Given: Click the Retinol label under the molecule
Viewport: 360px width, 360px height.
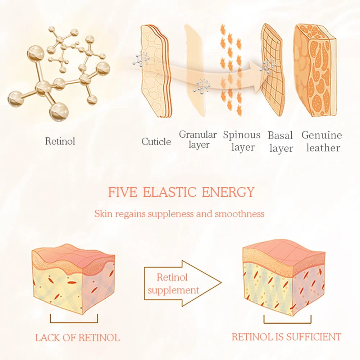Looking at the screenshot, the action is (x=60, y=141).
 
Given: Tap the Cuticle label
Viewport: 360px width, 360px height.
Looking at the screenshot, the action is (x=156, y=142).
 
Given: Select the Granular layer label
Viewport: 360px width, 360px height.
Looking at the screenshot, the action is (x=198, y=140).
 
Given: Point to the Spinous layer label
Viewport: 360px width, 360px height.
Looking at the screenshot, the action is (x=242, y=141).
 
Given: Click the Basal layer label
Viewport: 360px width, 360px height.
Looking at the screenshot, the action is (x=281, y=142).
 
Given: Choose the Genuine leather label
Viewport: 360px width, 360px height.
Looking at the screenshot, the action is (x=322, y=141).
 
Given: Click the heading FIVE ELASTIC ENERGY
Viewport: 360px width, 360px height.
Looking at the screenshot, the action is (x=181, y=192).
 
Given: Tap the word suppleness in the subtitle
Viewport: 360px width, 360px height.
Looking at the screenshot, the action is (x=171, y=214).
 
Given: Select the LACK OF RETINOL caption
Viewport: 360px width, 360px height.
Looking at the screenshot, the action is (x=77, y=338).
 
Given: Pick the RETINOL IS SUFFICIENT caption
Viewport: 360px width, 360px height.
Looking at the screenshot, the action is (x=286, y=337).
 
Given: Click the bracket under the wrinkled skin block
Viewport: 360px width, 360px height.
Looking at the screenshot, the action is (x=74, y=319).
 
